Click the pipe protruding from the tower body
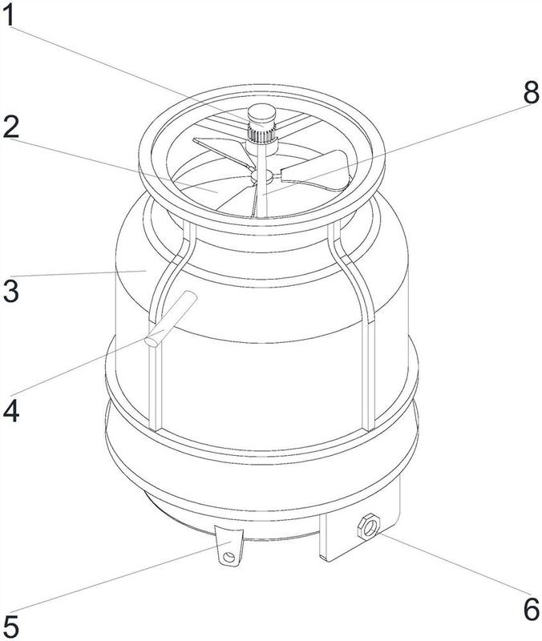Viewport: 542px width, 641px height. point(171,319)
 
